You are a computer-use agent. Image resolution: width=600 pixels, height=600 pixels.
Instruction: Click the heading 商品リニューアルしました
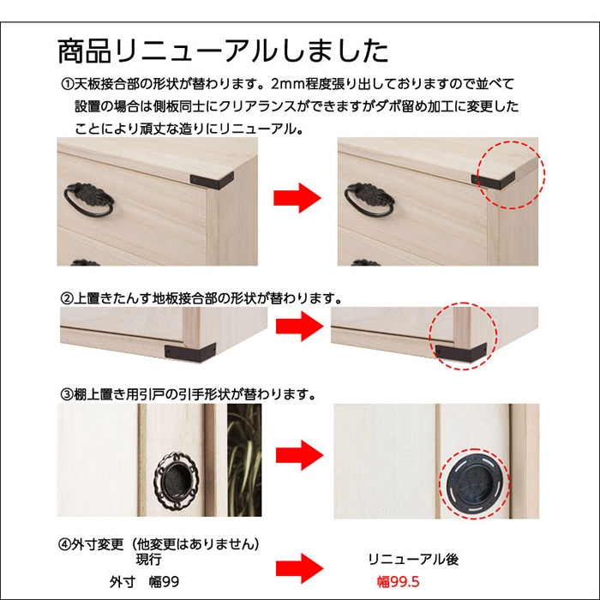[x=223, y=50]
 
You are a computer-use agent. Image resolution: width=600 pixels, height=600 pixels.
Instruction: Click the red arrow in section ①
[x=297, y=199]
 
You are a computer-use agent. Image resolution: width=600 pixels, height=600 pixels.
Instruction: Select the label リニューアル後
[x=413, y=560]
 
